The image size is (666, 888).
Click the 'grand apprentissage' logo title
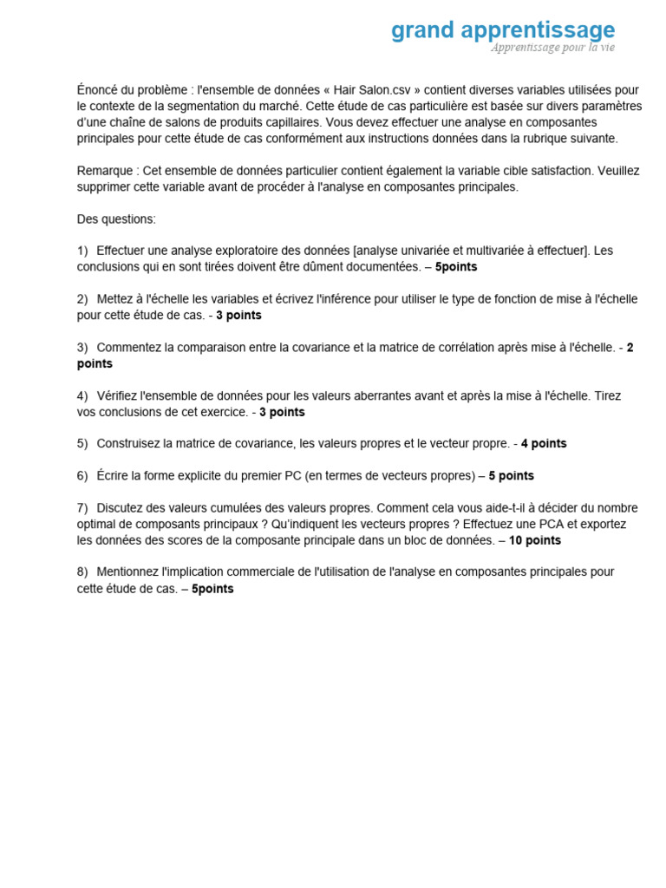[502, 30]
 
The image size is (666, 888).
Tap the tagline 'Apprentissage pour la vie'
[552, 48]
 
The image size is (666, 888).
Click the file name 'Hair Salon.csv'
[376, 89]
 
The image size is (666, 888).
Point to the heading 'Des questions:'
[116, 219]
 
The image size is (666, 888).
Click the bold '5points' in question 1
[456, 267]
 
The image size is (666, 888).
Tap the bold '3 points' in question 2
[238, 316]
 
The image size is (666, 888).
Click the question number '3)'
[83, 348]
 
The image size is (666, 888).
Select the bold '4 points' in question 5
[544, 444]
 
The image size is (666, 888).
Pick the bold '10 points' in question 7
[534, 541]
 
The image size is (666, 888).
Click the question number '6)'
[83, 476]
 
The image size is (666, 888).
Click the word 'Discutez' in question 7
[122, 508]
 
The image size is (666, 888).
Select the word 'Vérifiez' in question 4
[121, 396]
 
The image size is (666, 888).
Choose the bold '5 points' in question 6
[512, 476]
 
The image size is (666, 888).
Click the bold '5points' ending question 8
[212, 589]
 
